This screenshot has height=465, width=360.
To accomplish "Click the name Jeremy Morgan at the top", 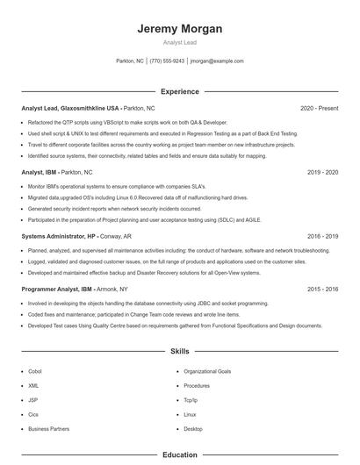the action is click(x=180, y=29).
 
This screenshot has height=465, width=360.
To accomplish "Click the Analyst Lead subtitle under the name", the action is click(x=180, y=42).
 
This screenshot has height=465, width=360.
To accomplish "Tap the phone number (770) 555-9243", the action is click(x=167, y=61).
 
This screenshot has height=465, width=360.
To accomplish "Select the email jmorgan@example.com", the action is click(x=217, y=61).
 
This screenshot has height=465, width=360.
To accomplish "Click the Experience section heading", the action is click(x=180, y=91).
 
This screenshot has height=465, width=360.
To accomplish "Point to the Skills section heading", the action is click(x=180, y=351).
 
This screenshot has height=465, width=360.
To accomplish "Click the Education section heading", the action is click(x=180, y=455).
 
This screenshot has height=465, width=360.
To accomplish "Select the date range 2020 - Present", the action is click(x=319, y=108).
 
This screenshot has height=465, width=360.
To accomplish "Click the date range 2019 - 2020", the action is click(x=322, y=173).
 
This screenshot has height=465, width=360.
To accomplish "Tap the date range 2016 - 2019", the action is click(x=322, y=237).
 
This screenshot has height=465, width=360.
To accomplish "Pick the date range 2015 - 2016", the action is click(x=322, y=289).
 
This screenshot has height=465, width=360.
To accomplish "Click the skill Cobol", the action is click(x=34, y=371).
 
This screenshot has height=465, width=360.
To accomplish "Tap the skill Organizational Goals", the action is click(x=207, y=371).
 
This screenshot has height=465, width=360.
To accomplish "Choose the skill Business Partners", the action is click(x=48, y=429).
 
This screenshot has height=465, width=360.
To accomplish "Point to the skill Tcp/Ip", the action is click(x=191, y=400).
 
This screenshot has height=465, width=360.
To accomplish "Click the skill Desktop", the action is click(x=193, y=429).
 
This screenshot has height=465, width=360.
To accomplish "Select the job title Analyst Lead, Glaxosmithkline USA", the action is click(x=70, y=108).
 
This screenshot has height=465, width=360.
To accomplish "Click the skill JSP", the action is click(x=33, y=400).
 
